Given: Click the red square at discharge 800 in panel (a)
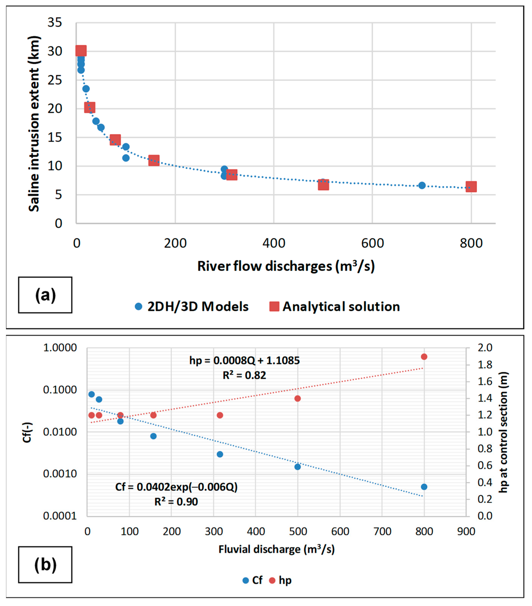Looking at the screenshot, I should pyautogui.click(x=471, y=187).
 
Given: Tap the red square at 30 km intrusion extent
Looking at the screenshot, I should pyautogui.click(x=81, y=51).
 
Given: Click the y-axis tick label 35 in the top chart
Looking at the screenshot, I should pyautogui.click(x=55, y=23).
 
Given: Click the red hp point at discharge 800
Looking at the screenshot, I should pyautogui.click(x=424, y=357).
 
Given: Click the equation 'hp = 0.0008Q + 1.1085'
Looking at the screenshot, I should pyautogui.click(x=245, y=361).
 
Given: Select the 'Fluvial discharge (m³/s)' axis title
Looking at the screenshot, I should pyautogui.click(x=276, y=549).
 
